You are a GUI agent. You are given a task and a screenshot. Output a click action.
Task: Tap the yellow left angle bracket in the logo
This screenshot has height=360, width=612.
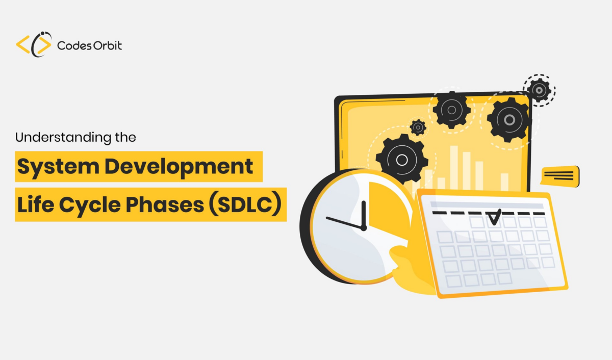click(x=23, y=44)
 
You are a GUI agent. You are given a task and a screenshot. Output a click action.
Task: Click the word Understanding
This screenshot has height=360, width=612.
click(x=63, y=137)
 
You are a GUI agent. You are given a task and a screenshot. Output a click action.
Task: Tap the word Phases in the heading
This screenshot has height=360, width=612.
click(x=165, y=204)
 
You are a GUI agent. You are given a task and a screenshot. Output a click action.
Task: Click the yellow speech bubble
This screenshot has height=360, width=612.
click(x=560, y=176)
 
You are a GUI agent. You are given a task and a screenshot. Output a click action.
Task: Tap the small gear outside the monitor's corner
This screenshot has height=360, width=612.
click(x=539, y=90)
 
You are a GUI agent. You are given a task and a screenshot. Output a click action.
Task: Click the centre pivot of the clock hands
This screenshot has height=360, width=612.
click(x=364, y=228)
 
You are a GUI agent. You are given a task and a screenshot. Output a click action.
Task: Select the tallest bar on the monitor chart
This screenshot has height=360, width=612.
click(x=454, y=168)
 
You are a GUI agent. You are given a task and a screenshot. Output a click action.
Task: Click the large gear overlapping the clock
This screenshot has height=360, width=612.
click(x=402, y=160)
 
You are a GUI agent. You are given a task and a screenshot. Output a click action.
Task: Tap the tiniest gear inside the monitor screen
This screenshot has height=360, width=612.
click(x=418, y=127)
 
